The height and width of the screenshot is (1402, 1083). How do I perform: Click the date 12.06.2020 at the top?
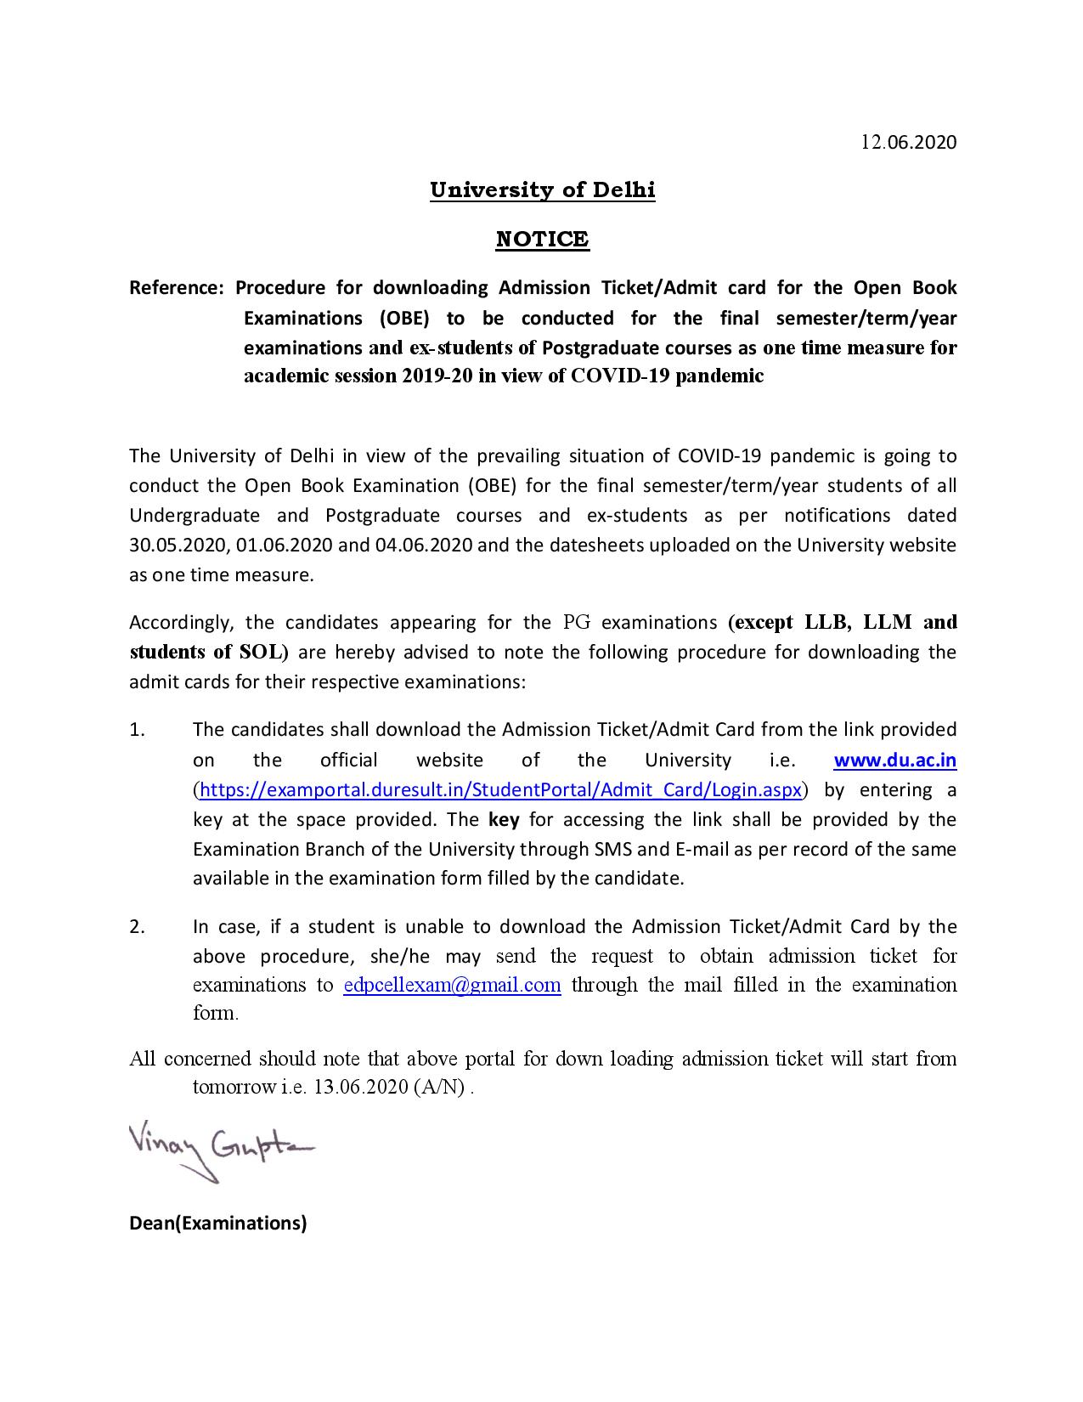tap(909, 142)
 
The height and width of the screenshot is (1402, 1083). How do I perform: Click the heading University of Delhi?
tap(542, 189)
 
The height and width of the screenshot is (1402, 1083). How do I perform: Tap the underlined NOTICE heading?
tap(542, 239)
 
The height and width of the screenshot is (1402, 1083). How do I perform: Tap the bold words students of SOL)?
tap(210, 653)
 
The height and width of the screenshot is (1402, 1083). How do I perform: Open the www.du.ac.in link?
tap(895, 760)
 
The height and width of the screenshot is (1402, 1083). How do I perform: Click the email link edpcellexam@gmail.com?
tap(452, 985)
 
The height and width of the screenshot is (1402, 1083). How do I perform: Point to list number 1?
tap(138, 730)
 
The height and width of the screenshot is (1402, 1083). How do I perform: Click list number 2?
tap(138, 926)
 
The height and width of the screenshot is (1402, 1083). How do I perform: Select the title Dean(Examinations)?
tap(217, 1223)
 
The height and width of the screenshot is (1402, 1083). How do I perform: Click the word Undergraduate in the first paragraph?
tap(195, 515)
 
